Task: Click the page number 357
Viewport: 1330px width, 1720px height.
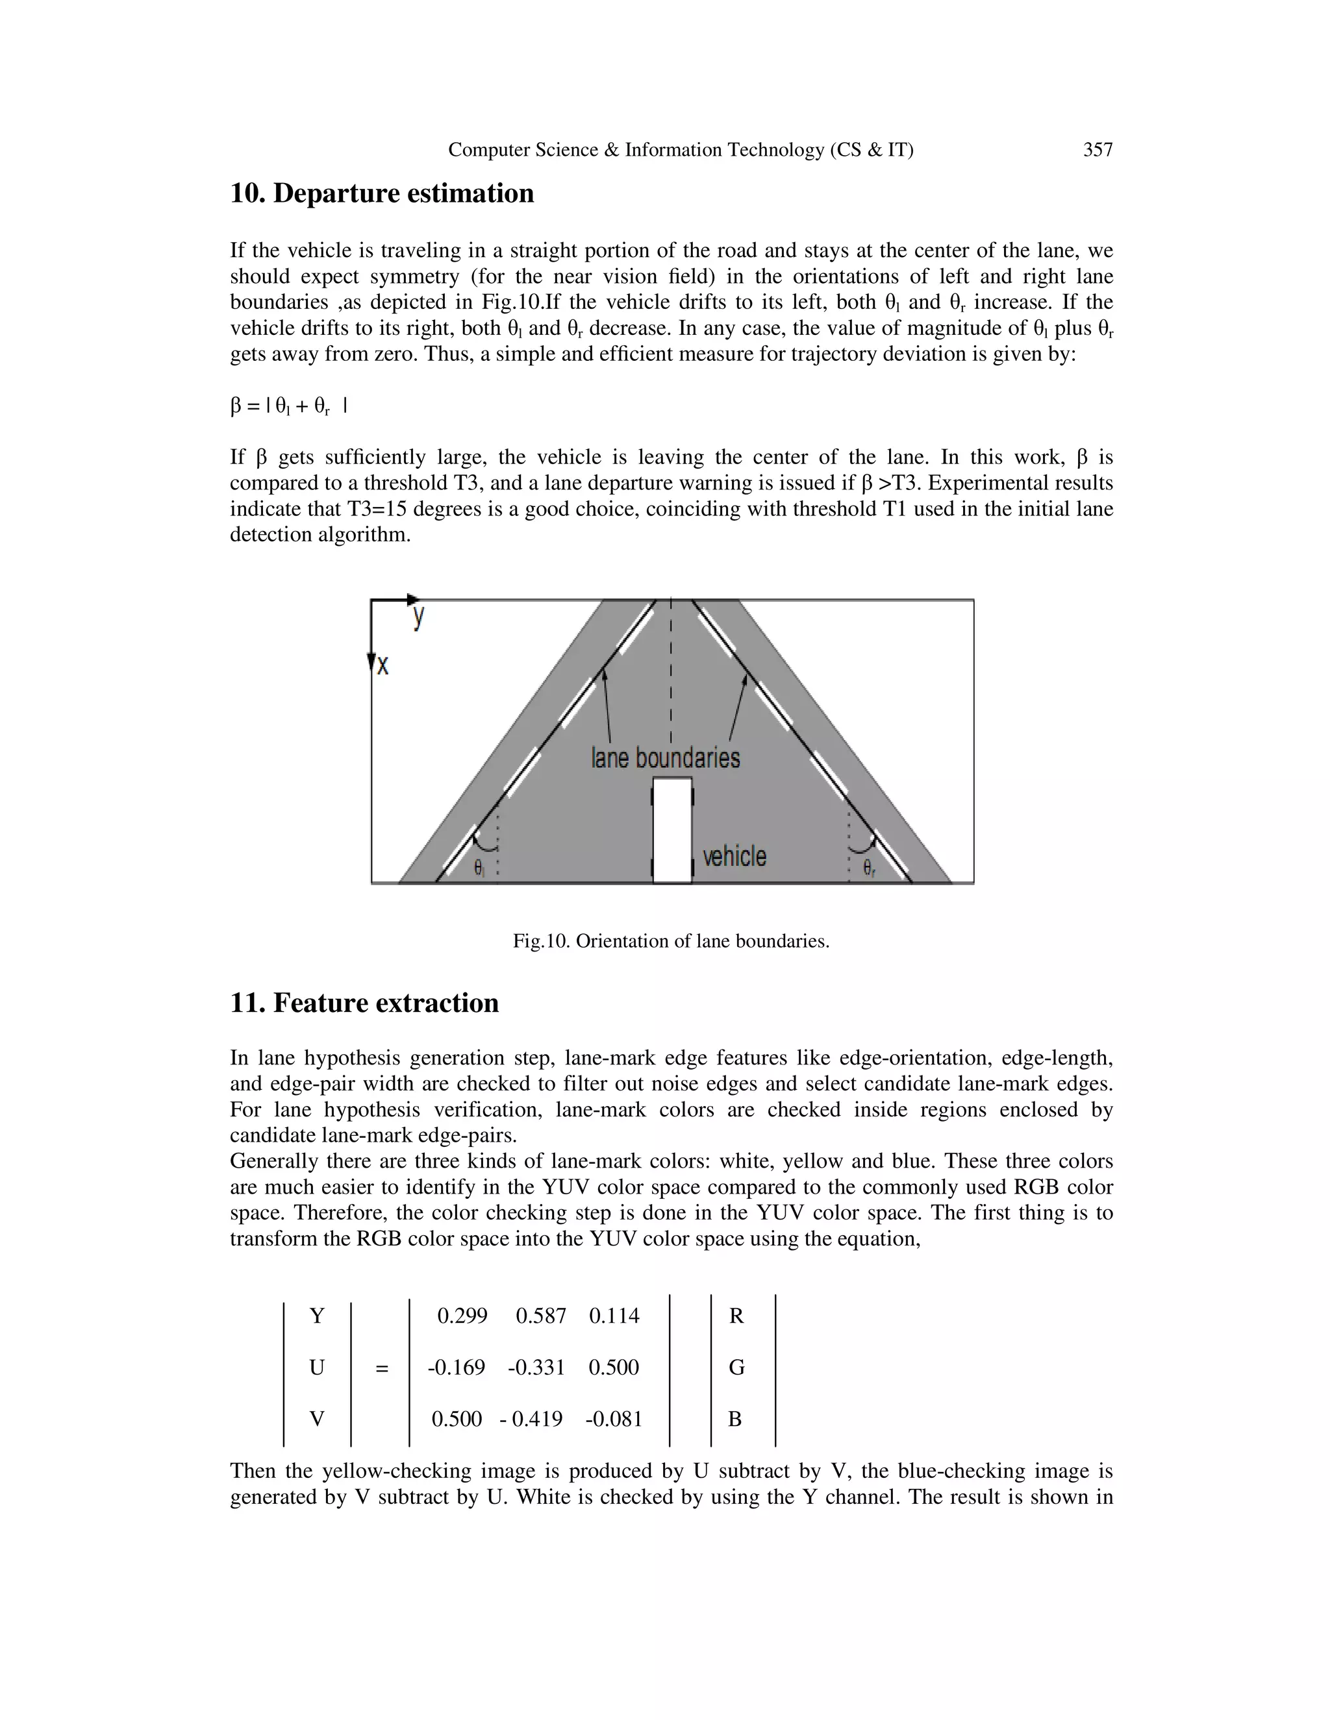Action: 1098,150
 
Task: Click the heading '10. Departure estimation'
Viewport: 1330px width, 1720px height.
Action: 381,193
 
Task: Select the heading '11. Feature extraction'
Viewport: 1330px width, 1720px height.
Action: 364,1003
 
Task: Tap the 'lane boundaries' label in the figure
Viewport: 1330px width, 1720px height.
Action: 666,757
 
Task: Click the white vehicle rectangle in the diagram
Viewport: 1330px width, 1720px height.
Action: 672,831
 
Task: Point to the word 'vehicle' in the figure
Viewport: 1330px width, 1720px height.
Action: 734,856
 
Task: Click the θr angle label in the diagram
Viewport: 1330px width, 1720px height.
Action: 868,868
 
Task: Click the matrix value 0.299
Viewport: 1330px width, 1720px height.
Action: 462,1316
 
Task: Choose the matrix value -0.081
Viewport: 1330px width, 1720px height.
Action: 614,1419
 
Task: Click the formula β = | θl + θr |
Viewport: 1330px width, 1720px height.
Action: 288,406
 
